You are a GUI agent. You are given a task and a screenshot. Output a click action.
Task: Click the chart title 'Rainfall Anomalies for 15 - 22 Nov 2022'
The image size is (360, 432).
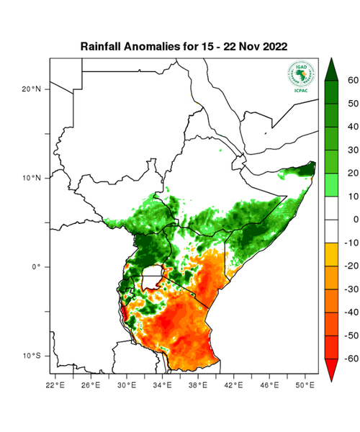[x=184, y=46]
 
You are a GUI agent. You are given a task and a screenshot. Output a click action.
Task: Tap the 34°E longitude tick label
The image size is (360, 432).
[x=165, y=386]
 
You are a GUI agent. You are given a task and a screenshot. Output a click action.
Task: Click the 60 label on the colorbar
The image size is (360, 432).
[x=352, y=81]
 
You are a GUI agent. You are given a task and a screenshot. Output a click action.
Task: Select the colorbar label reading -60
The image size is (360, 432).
[x=351, y=358]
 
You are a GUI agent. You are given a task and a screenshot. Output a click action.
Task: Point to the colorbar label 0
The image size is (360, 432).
[x=354, y=219]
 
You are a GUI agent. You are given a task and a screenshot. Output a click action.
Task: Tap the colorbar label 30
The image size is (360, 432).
[x=352, y=150]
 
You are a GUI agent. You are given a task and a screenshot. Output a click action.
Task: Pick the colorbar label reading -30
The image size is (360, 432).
[x=351, y=289]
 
